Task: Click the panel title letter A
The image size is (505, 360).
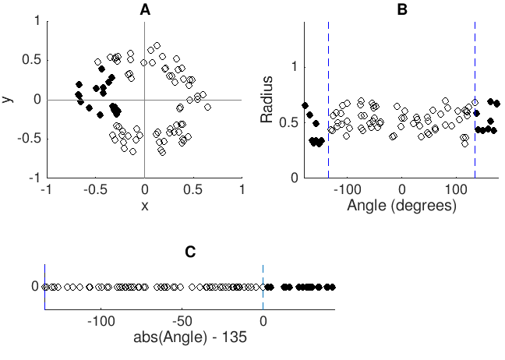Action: (x=144, y=9)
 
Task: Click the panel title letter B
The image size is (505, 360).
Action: (x=402, y=9)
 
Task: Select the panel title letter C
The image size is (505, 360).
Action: (x=190, y=252)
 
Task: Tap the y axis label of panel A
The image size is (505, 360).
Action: (x=7, y=99)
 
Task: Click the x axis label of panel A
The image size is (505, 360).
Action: (x=144, y=205)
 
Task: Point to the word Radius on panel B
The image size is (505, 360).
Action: (x=267, y=100)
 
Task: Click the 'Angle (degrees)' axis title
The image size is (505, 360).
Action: (x=402, y=205)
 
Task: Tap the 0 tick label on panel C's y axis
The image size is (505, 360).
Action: (x=35, y=287)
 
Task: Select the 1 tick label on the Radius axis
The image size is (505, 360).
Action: (x=293, y=66)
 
